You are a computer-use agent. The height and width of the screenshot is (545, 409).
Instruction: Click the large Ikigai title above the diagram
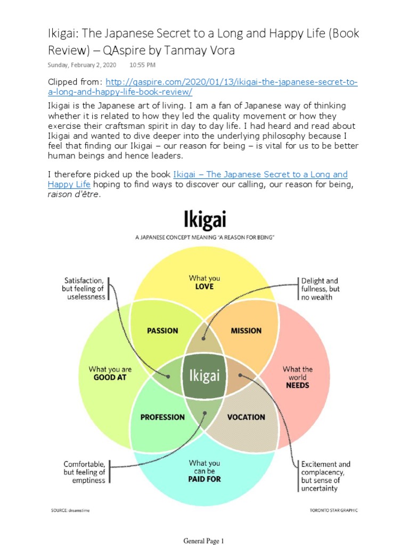click(204, 220)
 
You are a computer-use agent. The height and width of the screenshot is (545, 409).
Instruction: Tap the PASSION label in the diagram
click(162, 331)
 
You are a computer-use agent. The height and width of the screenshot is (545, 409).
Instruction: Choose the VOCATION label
click(246, 417)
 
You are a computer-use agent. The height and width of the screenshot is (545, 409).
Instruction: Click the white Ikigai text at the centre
click(204, 376)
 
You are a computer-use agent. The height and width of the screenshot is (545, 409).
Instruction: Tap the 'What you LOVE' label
click(204, 282)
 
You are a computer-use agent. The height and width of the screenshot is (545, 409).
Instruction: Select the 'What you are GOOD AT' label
click(110, 373)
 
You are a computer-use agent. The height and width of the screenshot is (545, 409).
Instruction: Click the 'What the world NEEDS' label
click(297, 377)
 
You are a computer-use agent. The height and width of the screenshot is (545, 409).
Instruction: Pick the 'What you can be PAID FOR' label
click(204, 471)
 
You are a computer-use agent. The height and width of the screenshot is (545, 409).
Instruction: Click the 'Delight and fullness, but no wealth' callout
click(320, 288)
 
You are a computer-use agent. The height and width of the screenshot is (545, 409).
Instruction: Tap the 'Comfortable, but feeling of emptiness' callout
click(84, 472)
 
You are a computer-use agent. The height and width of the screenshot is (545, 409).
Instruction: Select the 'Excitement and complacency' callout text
click(325, 476)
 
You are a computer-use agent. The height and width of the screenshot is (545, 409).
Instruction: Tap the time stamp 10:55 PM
click(142, 65)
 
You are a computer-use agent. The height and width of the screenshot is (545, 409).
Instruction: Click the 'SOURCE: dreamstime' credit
click(71, 510)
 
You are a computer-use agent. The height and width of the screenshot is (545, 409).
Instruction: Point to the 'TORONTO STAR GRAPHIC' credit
click(333, 510)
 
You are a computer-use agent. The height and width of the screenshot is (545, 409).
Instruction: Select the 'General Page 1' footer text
click(204, 541)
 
